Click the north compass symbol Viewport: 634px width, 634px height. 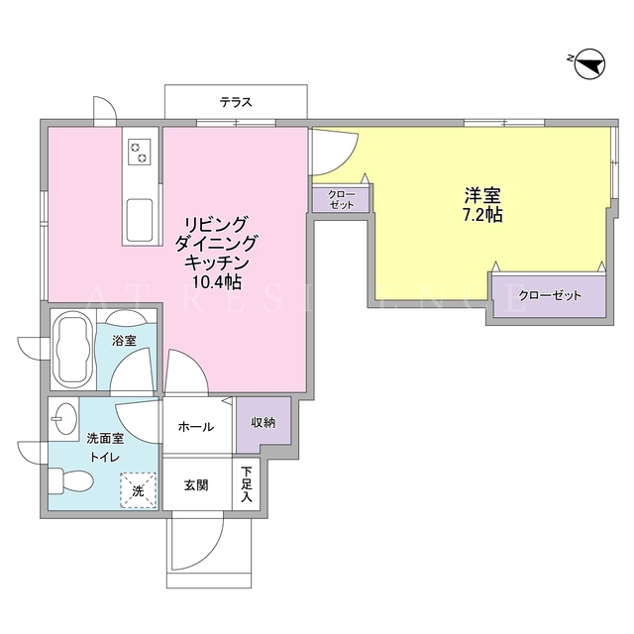coord(589,64)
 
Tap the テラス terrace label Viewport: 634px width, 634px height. coord(236,102)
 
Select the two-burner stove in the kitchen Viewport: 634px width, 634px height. coord(139,152)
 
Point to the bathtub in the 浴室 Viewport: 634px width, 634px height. coord(73,351)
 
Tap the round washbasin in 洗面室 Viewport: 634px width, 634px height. coord(65,418)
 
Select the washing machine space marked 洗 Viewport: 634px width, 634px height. coord(138,490)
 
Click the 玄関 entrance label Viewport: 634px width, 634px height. coord(196,484)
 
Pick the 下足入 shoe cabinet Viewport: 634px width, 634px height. coord(246,484)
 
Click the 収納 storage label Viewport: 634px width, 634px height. coord(264,423)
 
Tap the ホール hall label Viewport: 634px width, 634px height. coord(196,427)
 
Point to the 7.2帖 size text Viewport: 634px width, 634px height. coord(482,215)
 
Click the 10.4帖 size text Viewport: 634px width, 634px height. coord(216,281)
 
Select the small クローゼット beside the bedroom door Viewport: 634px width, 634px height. coord(341,199)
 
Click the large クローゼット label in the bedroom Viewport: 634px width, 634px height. coord(550,295)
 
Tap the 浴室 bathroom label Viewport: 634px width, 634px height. coord(124,341)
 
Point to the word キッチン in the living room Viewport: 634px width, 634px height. coord(216,263)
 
